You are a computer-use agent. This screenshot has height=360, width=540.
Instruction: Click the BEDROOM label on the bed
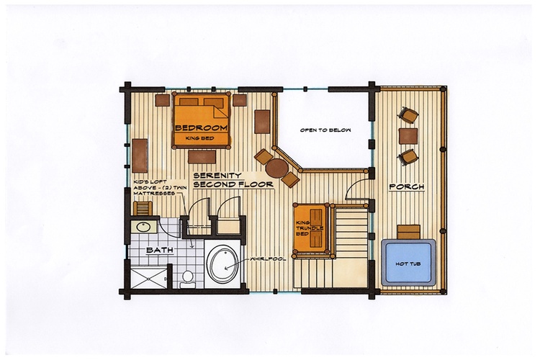tap(202, 128)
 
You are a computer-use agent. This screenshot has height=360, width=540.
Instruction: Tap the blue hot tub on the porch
tap(408, 263)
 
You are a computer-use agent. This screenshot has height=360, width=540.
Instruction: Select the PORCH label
tap(407, 187)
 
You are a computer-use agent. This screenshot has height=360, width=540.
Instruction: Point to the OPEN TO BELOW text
tap(325, 130)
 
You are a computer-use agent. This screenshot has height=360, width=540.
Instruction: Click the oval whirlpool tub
tap(223, 264)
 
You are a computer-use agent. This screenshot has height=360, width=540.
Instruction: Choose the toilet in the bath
tap(187, 279)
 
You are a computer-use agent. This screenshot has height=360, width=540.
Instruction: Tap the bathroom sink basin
tap(143, 227)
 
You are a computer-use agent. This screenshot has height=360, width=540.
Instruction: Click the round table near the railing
tap(277, 168)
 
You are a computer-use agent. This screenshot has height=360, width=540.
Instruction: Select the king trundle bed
tap(310, 230)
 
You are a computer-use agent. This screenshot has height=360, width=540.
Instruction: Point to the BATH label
tap(159, 250)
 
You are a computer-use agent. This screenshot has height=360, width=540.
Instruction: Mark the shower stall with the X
tap(149, 278)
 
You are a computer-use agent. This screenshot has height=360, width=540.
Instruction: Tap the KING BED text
tap(199, 138)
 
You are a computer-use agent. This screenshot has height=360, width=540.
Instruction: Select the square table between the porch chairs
tap(408, 136)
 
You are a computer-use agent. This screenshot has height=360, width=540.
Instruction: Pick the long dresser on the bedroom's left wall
tap(140, 156)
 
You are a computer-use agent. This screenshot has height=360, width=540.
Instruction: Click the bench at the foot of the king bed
tap(202, 157)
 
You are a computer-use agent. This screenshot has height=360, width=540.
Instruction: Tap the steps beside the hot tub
tap(409, 232)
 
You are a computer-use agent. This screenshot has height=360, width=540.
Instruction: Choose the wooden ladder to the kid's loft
tap(143, 208)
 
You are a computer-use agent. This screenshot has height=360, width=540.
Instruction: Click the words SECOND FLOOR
tap(233, 184)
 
